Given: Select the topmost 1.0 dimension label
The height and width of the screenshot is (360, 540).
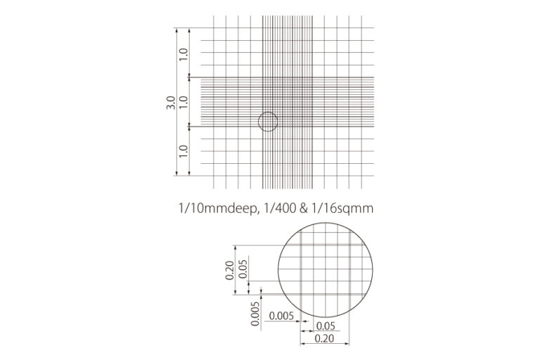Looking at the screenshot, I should [184, 53].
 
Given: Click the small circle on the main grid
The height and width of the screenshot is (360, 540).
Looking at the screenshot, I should [268, 122].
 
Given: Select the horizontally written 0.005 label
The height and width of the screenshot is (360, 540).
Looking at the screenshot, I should [280, 316].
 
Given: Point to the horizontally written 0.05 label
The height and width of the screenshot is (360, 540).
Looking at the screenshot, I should [325, 326].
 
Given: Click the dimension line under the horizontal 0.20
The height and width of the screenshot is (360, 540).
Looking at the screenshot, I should [325, 345].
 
